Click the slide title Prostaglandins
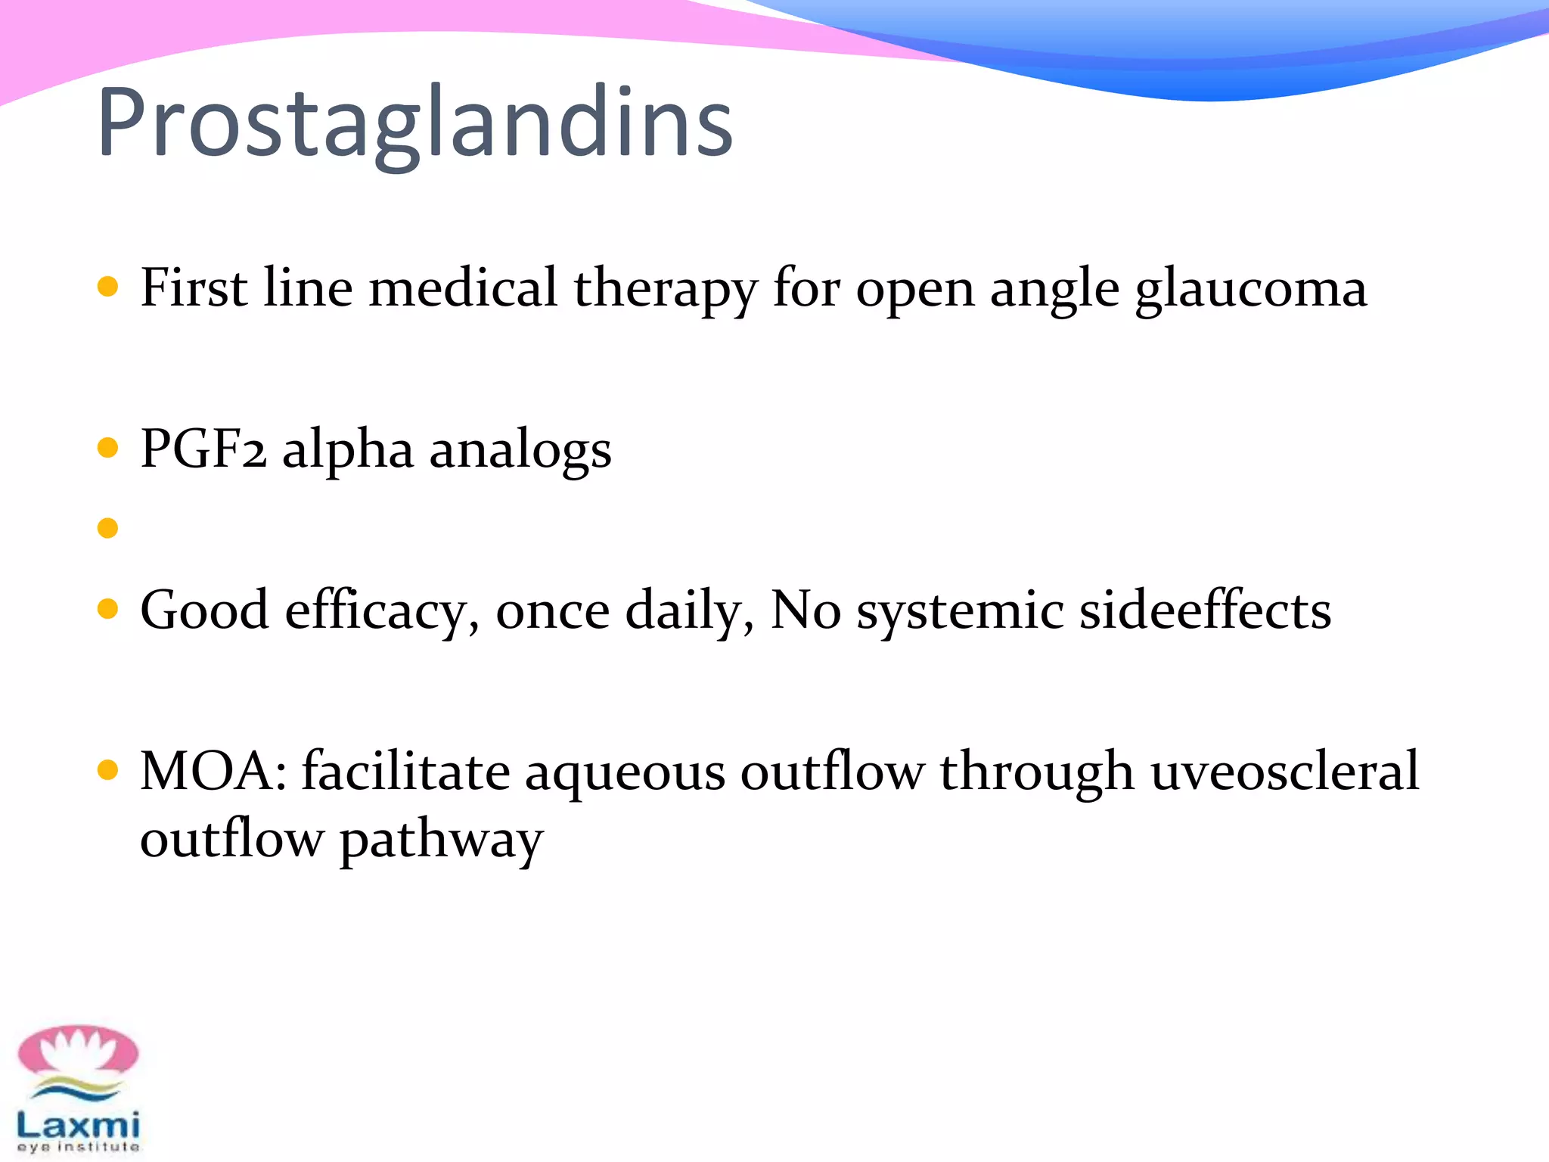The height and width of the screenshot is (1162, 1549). (414, 123)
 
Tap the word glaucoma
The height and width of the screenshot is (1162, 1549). (1251, 289)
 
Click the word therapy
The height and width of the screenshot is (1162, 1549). (666, 289)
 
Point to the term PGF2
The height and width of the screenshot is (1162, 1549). (203, 449)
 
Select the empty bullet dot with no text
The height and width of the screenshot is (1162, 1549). (108, 527)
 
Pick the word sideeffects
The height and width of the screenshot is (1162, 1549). (1205, 610)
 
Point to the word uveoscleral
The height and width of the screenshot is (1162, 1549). (1284, 772)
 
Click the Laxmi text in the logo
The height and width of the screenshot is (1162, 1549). (79, 1124)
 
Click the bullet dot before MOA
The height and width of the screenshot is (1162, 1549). (108, 770)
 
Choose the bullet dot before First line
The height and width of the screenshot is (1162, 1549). (108, 287)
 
